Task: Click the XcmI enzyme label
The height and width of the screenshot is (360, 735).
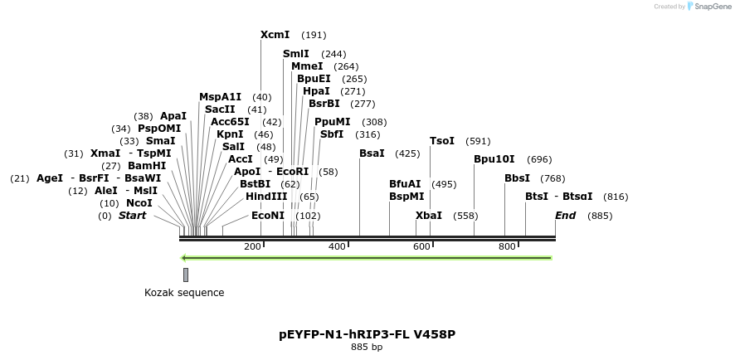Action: [275, 35]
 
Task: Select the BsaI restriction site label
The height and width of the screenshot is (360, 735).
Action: [372, 153]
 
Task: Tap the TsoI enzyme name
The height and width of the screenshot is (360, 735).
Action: [442, 141]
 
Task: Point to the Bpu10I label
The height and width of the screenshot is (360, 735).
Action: [494, 159]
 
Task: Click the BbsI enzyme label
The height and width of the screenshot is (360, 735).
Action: [518, 178]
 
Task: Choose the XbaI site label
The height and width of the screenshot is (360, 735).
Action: [429, 215]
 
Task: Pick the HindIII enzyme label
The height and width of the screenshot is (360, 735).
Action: [266, 197]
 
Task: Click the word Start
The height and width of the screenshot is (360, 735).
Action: [132, 216]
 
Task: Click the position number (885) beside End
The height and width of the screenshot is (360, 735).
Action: [600, 216]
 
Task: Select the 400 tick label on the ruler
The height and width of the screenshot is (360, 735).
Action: [337, 247]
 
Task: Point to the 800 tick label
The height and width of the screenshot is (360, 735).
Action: [507, 247]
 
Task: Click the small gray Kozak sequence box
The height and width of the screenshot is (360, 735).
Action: [186, 275]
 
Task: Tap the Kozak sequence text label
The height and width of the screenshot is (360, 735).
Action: [184, 293]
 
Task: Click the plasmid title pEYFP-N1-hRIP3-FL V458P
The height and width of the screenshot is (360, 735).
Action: [367, 334]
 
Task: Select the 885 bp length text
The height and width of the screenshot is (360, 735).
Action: [367, 348]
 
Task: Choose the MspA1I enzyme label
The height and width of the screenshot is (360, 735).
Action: [220, 97]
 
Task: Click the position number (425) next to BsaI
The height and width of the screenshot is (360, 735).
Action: [407, 153]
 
